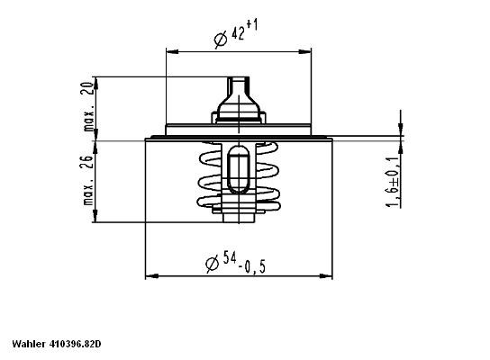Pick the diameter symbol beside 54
pyautogui.click(x=211, y=263)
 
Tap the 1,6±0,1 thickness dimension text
pyautogui.click(x=393, y=180)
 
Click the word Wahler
pyautogui.click(x=29, y=344)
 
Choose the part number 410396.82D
pyautogui.click(x=75, y=344)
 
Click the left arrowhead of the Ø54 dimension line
pyautogui.click(x=150, y=275)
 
